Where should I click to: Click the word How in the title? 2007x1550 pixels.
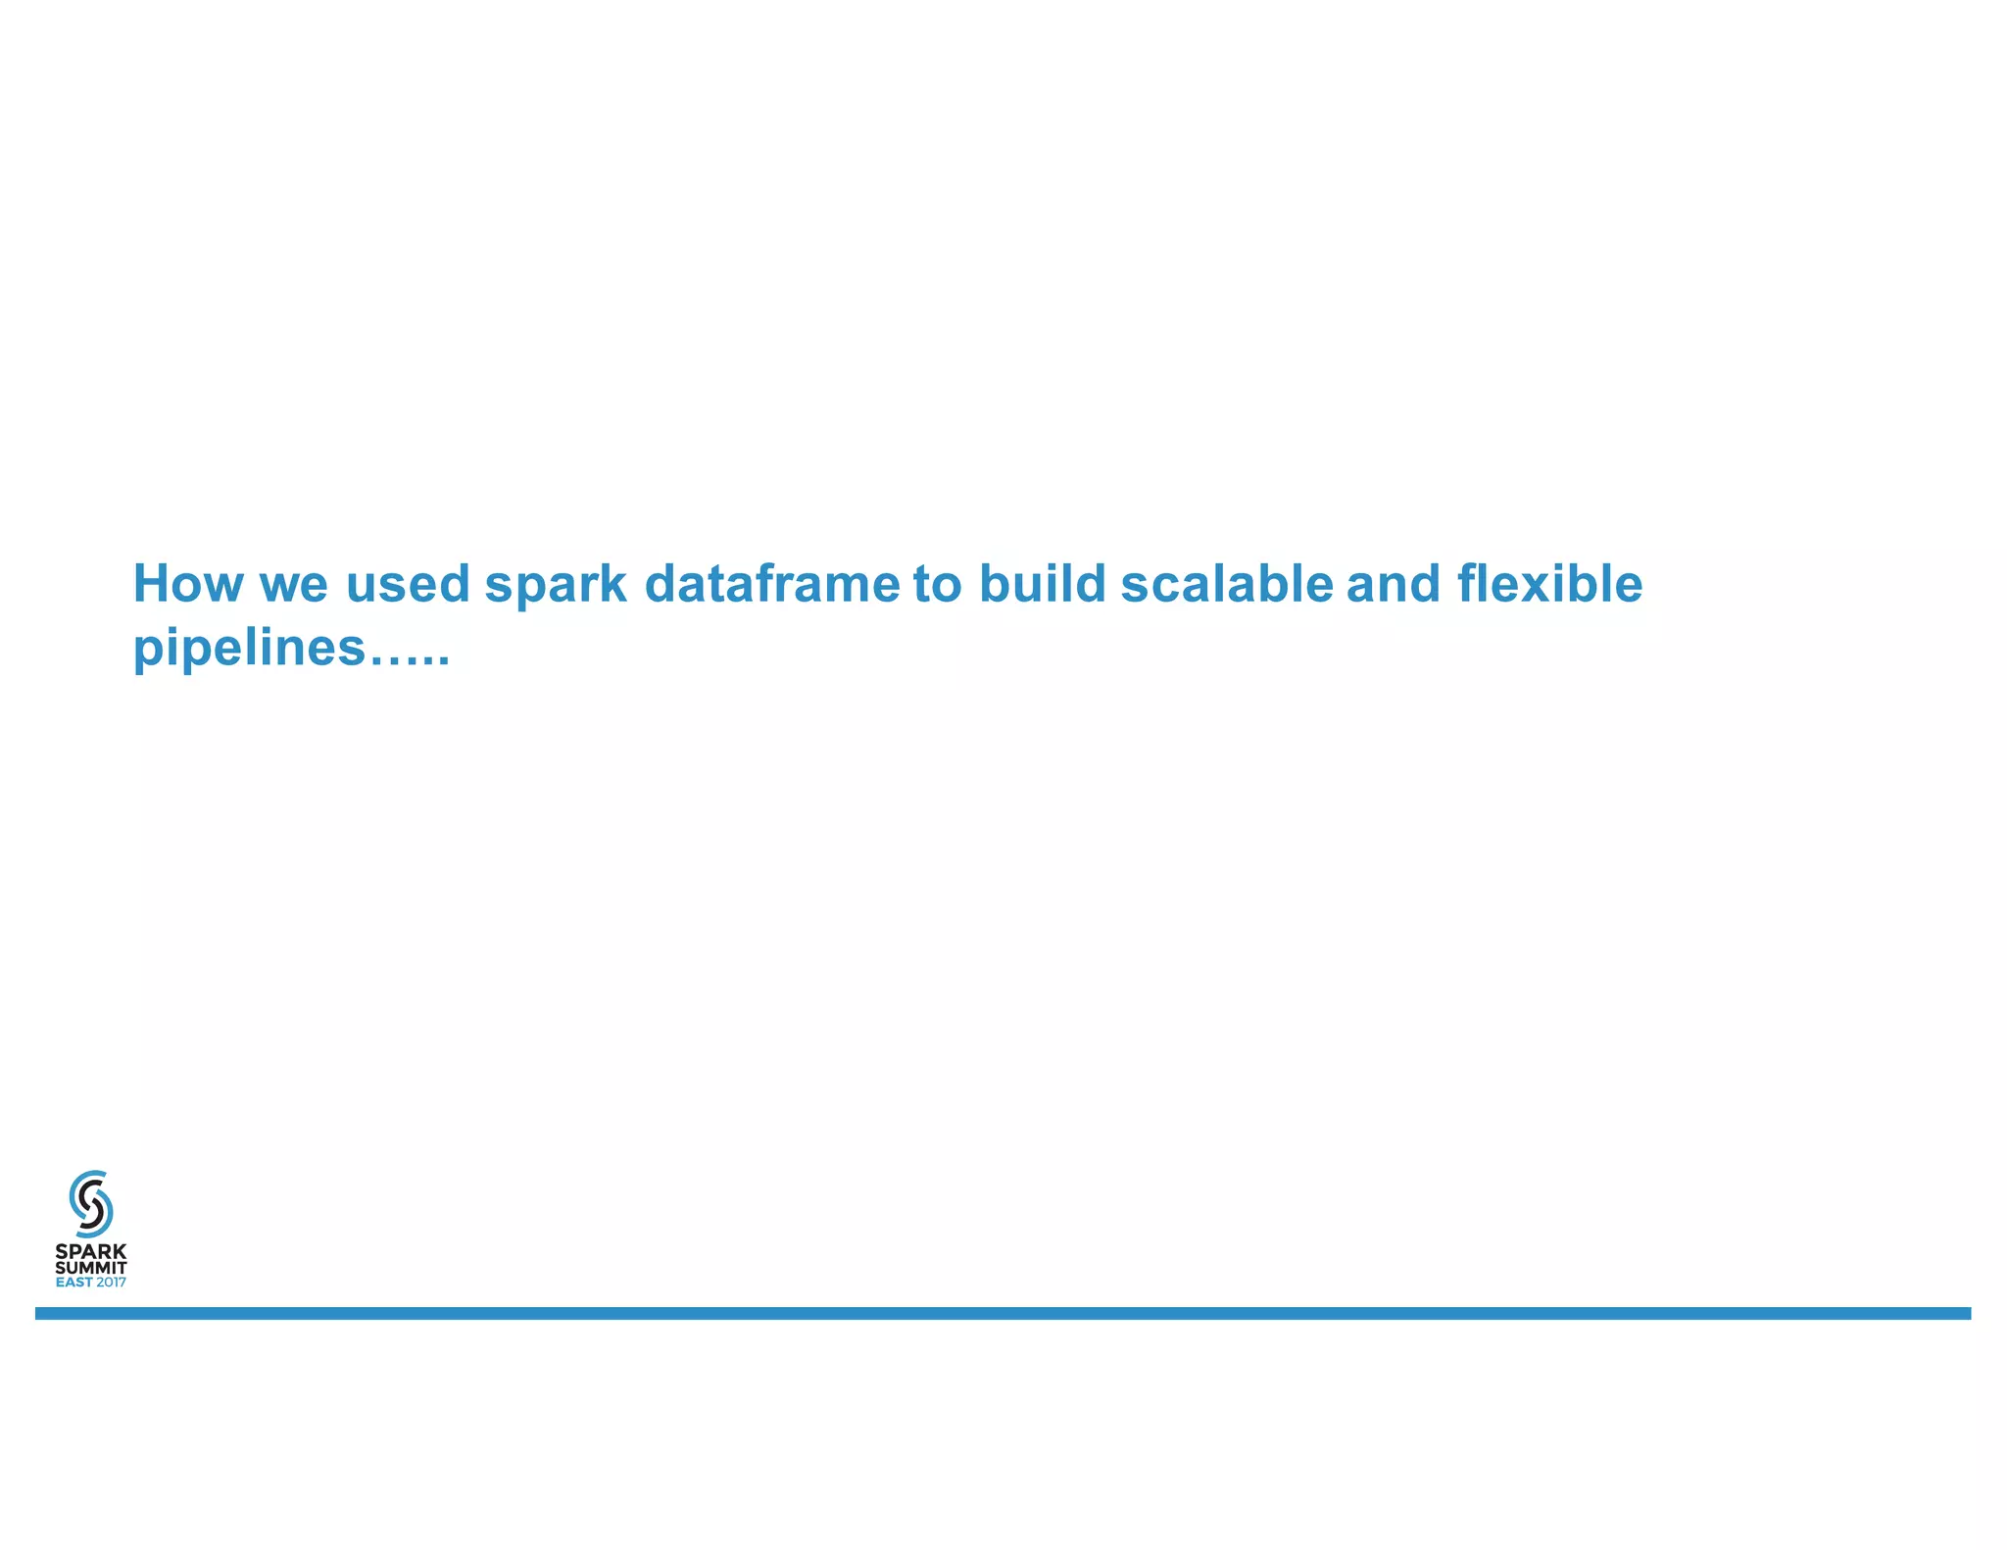tap(187, 584)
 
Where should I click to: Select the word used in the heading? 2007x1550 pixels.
tap(408, 584)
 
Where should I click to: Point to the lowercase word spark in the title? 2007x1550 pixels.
tap(556, 586)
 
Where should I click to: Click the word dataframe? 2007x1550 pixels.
tap(772, 584)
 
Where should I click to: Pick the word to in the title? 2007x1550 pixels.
tap(938, 584)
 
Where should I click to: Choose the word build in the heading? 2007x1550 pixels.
tap(1043, 584)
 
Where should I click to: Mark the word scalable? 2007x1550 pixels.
tap(1227, 584)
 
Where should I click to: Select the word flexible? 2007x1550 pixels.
tap(1549, 584)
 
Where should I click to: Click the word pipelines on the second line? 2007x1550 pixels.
tap(249, 649)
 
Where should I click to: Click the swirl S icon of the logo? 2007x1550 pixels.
tap(91, 1203)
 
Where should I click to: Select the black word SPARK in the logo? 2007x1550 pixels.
tap(91, 1252)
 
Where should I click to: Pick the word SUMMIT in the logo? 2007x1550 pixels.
tap(91, 1268)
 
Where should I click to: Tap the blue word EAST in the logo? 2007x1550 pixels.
tap(74, 1283)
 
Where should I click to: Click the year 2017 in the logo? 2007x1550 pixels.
tap(111, 1283)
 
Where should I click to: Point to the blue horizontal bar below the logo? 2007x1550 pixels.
tap(1003, 1313)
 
